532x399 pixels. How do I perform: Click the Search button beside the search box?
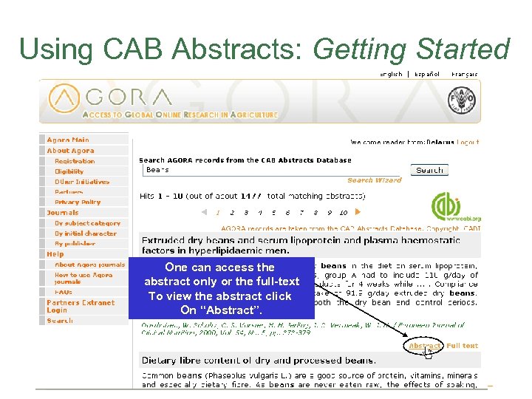click(x=429, y=170)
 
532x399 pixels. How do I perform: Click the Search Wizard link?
click(x=375, y=180)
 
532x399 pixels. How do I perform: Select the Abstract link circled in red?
click(x=425, y=346)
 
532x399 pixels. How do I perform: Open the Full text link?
click(x=463, y=346)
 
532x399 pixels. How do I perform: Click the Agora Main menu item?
click(x=68, y=140)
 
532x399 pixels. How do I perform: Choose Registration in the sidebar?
click(x=75, y=161)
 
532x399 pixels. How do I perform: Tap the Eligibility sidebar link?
click(x=69, y=171)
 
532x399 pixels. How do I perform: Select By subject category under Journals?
click(x=87, y=223)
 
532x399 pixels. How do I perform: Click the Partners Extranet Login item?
click(x=81, y=306)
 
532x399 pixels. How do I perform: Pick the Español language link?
click(x=426, y=74)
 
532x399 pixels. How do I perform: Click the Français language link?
click(x=464, y=74)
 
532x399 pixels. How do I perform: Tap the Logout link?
click(x=468, y=143)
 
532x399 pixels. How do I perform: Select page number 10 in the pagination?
click(x=344, y=213)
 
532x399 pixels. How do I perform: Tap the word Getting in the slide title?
click(x=360, y=49)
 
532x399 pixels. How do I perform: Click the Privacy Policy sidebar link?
click(x=78, y=202)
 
